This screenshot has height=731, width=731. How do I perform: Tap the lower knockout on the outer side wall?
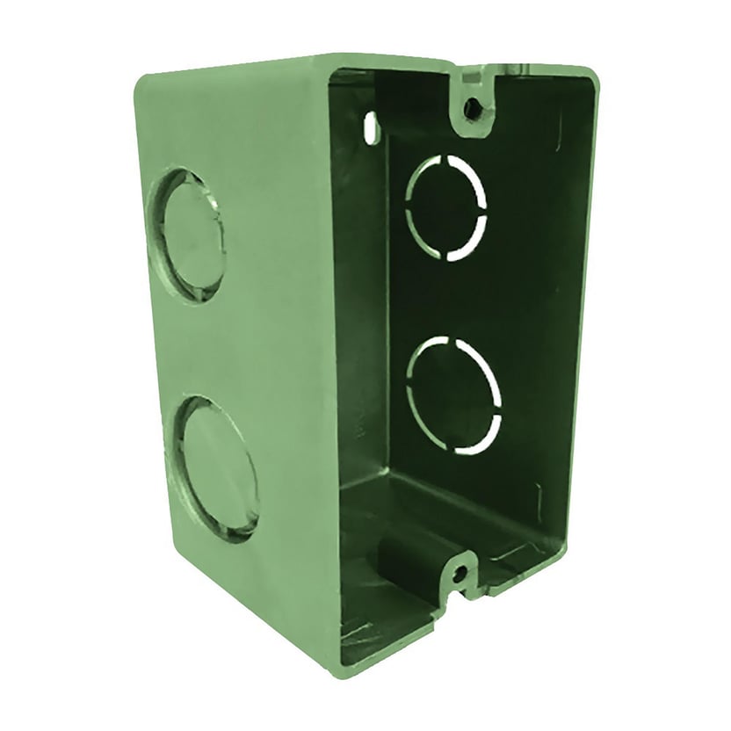tap(215, 466)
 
